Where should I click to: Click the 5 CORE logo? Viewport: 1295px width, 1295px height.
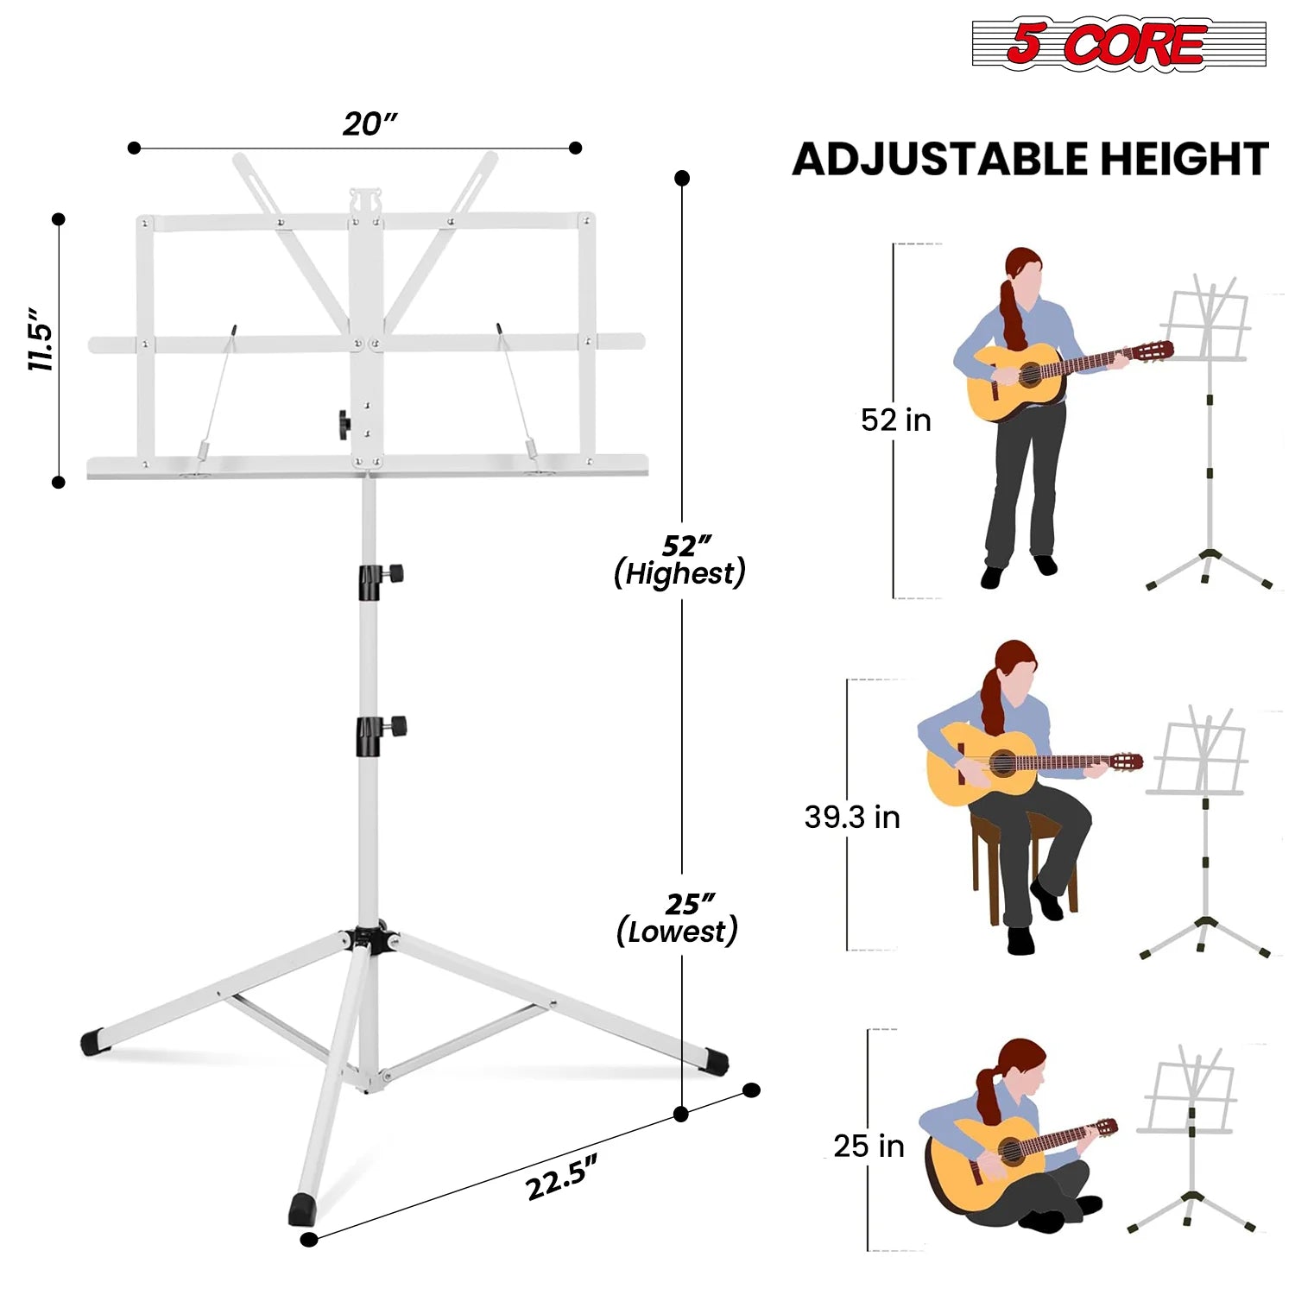(x=1118, y=43)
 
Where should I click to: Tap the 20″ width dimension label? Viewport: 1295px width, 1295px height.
(x=370, y=124)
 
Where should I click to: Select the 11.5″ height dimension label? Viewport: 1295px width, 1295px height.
(x=41, y=338)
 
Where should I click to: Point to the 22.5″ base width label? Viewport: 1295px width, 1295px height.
(x=561, y=1178)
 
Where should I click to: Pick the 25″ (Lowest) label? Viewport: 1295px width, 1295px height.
(x=678, y=918)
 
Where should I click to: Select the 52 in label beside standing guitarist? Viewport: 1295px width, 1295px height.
(x=896, y=420)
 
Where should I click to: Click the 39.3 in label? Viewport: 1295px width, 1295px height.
(x=852, y=817)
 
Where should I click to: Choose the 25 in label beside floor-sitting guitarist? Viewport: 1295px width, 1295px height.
(x=869, y=1146)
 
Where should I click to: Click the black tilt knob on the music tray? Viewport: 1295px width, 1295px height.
(x=344, y=425)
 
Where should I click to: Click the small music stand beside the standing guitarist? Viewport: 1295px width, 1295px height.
(x=1209, y=432)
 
